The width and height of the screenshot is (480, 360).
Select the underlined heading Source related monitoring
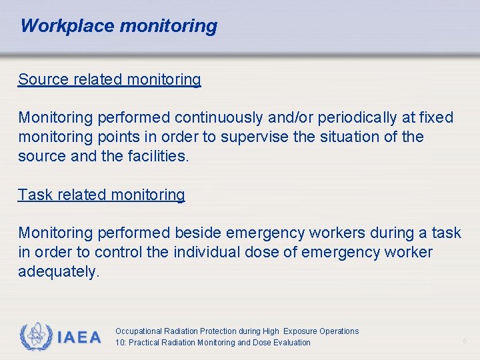109,79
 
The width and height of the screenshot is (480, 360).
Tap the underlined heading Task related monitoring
101,195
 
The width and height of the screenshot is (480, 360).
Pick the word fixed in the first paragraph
436,118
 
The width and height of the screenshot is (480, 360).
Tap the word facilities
158,157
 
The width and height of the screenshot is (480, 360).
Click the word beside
198,233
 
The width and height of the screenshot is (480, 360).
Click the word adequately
59,272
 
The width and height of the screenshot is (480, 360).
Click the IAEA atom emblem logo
36,337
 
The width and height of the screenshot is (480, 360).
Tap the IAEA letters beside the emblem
79,337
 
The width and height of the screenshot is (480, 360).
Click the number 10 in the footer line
119,343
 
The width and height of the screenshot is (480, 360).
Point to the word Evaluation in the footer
289,343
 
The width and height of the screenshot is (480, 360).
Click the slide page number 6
465,342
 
